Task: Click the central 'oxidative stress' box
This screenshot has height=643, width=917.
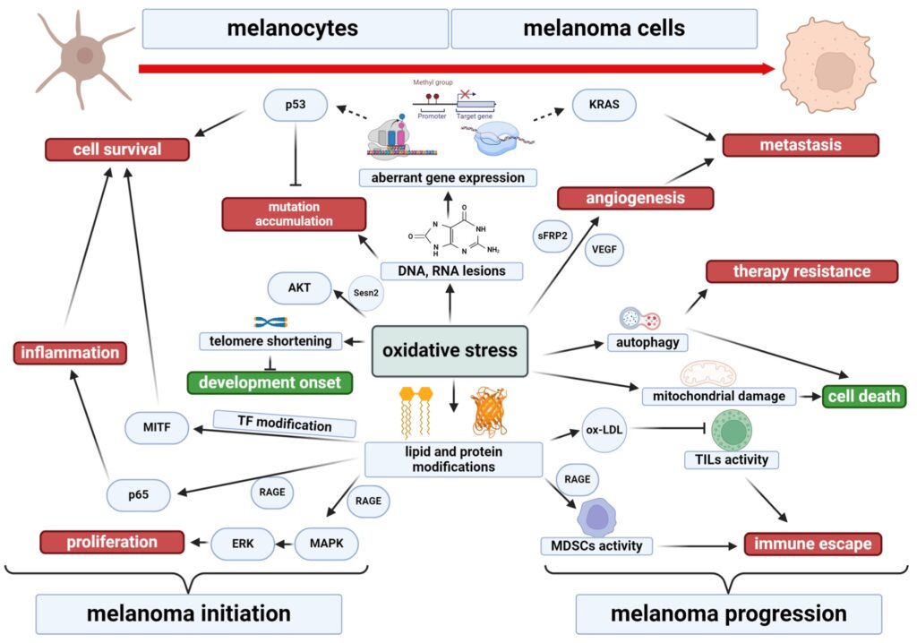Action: click(x=450, y=350)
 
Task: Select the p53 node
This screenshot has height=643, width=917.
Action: click(x=297, y=107)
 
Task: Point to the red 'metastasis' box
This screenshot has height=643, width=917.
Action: click(x=801, y=145)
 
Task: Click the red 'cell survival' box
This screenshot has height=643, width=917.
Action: click(x=117, y=149)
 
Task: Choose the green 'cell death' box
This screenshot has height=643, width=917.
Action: click(x=865, y=396)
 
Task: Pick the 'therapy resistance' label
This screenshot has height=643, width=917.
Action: click(x=801, y=271)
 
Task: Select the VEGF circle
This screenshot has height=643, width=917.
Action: click(x=606, y=252)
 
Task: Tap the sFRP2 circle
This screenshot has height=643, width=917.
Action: click(x=553, y=234)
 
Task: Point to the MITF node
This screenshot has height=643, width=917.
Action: click(x=159, y=428)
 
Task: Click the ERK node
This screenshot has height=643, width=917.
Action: click(x=241, y=543)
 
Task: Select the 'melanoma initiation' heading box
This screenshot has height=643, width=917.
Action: click(x=188, y=613)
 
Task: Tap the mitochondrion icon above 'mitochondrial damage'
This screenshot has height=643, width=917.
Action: click(x=708, y=373)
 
